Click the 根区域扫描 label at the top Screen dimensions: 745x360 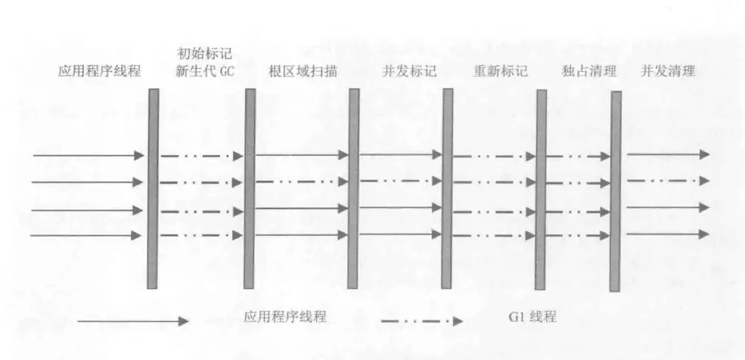pos(303,72)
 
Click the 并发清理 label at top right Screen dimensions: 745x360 pos(668,72)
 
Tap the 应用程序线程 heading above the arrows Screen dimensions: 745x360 pos(99,72)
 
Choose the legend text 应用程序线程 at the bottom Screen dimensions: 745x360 pos(285,317)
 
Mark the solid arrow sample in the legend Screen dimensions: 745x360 pos(132,321)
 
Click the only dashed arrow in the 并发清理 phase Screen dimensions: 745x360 pos(668,181)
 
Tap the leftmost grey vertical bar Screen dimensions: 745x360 pos(153,188)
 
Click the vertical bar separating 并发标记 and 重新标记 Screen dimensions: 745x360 pos(448,188)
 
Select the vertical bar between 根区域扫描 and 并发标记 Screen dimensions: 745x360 pos(353,188)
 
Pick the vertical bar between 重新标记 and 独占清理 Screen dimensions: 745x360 pos(541,189)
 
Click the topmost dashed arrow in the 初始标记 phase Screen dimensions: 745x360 pos(200,156)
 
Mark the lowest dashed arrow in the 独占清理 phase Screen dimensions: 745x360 pos(579,234)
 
